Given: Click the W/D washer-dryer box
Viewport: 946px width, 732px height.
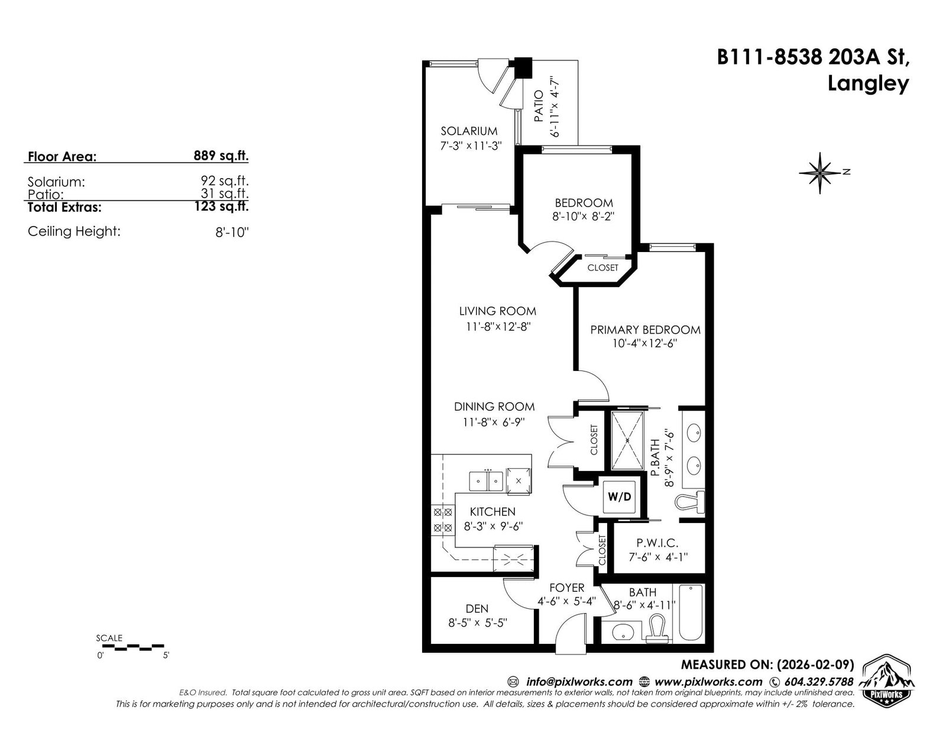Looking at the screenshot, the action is click(619, 496).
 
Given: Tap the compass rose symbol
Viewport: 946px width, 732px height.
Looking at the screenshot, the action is click(820, 173).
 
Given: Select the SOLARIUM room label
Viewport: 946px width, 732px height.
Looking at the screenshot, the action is click(469, 131).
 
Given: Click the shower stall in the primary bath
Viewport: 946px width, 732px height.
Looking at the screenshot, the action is click(627, 440).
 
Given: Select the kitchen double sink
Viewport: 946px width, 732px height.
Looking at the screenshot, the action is click(487, 482).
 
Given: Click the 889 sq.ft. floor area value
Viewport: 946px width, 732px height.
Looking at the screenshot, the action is click(221, 156).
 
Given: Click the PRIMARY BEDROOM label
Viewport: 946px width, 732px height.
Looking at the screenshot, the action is click(645, 330).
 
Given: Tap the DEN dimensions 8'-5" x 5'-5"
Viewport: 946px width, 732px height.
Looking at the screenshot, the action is click(478, 623).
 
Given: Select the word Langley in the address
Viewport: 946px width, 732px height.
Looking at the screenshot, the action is click(868, 83).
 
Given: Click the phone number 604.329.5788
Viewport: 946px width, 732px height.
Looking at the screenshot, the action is click(818, 682).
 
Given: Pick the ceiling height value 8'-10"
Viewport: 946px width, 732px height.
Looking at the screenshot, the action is click(232, 232).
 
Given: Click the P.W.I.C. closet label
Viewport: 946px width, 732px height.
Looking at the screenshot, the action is click(657, 543).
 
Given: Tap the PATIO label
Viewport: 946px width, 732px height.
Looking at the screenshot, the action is click(539, 106).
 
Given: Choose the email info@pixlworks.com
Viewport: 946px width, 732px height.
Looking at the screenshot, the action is click(579, 682).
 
